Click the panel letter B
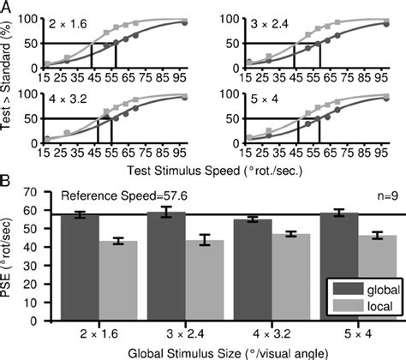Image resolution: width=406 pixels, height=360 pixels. pos(6,182)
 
